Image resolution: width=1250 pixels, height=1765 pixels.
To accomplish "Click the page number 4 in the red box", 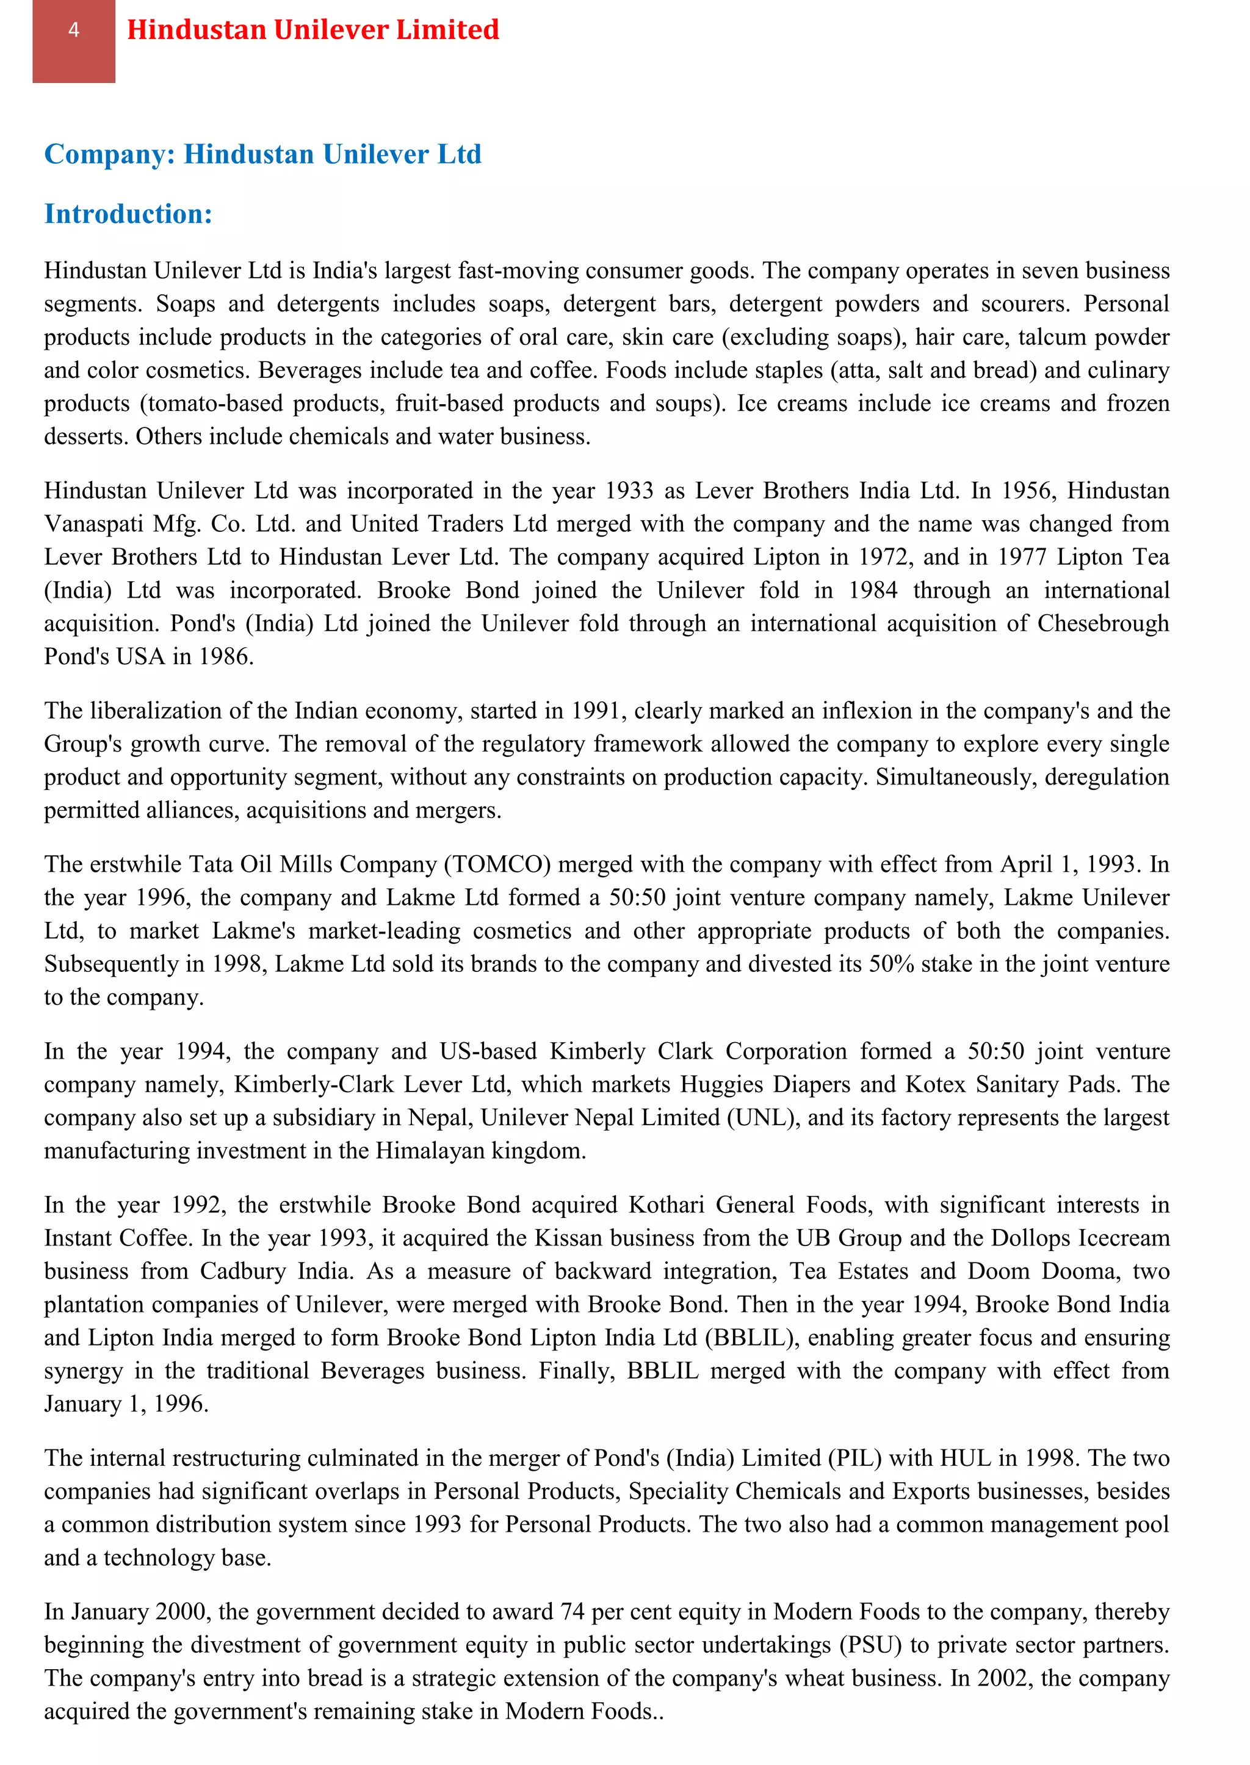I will click(74, 30).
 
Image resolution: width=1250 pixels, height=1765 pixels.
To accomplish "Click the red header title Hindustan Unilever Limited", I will click(312, 30).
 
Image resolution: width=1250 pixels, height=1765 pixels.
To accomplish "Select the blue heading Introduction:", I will click(128, 214).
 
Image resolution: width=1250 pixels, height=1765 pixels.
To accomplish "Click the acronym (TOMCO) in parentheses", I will click(497, 864).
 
